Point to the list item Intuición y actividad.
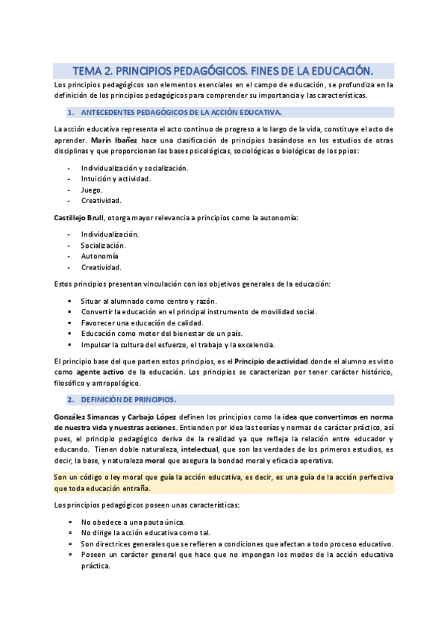click(x=116, y=178)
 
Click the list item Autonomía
click(x=99, y=256)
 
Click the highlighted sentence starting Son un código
click(x=224, y=483)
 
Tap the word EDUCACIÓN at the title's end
click(x=335, y=71)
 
